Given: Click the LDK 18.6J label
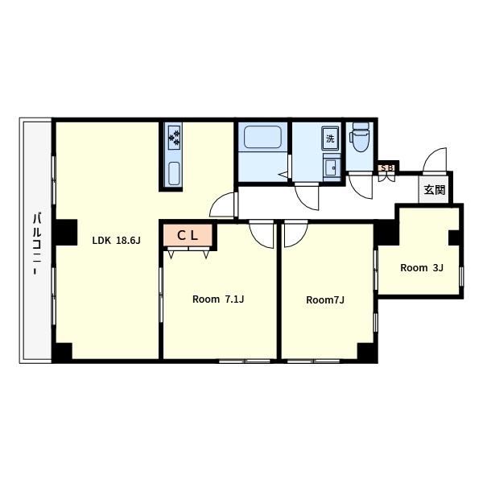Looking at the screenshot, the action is pyautogui.click(x=117, y=240).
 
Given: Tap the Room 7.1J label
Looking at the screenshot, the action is pyautogui.click(x=218, y=299).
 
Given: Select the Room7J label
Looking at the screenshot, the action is pyautogui.click(x=325, y=299).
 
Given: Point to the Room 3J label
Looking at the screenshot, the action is pyautogui.click(x=421, y=268).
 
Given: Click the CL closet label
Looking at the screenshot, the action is pyautogui.click(x=188, y=236).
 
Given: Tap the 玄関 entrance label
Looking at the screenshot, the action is pyautogui.click(x=435, y=190).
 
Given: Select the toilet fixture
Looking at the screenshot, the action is pyautogui.click(x=360, y=137).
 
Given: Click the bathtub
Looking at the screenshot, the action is pyautogui.click(x=262, y=137).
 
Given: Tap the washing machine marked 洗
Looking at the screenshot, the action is pyautogui.click(x=331, y=138).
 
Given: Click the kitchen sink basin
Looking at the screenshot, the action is pyautogui.click(x=174, y=174).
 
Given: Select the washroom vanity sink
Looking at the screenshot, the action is pyautogui.click(x=332, y=168).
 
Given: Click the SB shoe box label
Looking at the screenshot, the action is pyautogui.click(x=387, y=168).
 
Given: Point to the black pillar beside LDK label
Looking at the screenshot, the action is pyautogui.click(x=66, y=233).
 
